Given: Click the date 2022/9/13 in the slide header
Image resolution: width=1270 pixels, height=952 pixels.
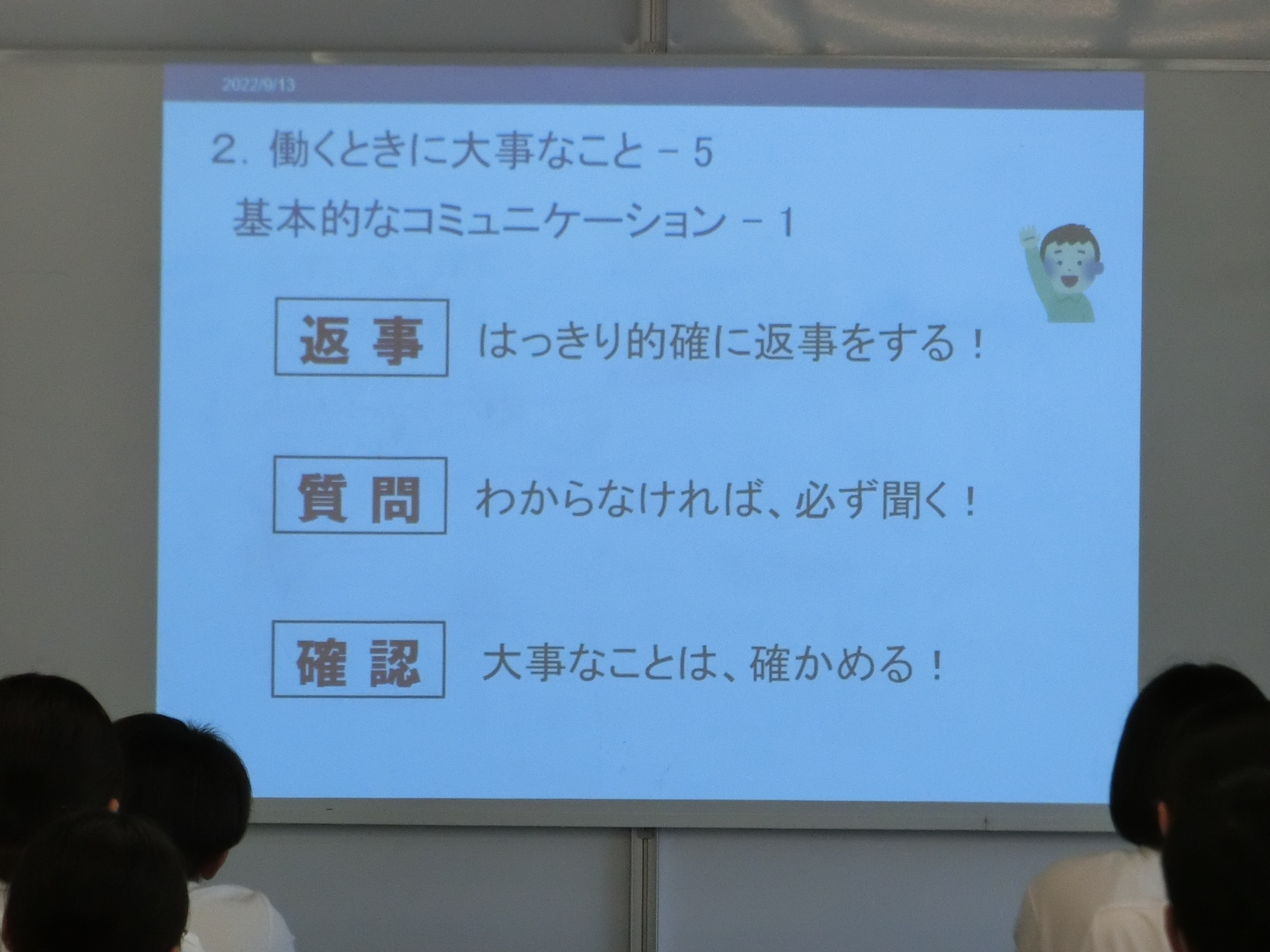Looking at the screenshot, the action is tap(258, 85).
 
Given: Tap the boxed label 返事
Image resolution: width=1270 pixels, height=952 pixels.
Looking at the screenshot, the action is tap(361, 338).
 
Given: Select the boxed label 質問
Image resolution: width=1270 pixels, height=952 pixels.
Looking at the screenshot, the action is tap(360, 496).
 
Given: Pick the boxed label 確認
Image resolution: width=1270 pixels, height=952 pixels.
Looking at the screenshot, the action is tap(359, 659).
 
